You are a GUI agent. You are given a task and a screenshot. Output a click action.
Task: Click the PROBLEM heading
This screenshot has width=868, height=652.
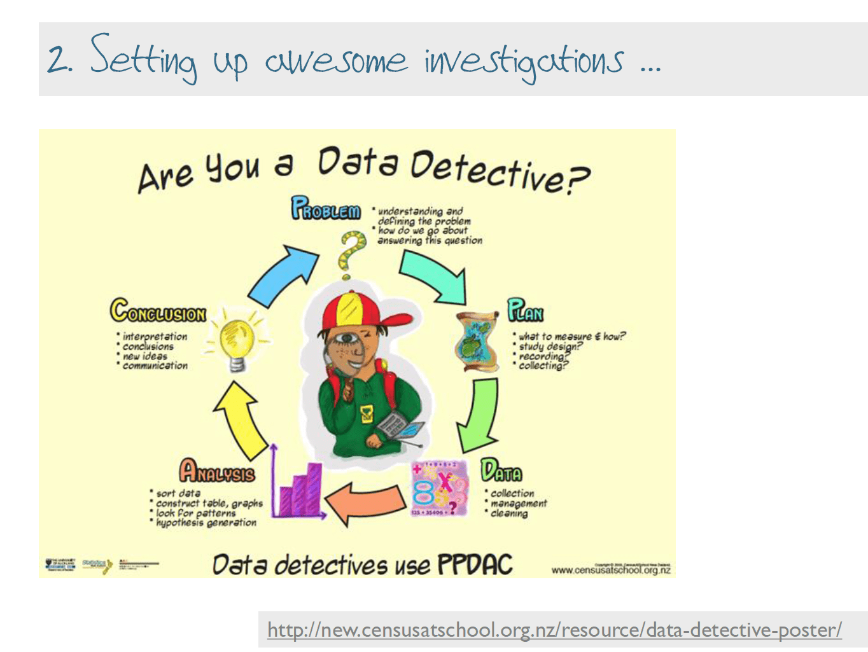[326, 209]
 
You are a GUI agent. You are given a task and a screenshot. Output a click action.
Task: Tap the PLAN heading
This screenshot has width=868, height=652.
[525, 310]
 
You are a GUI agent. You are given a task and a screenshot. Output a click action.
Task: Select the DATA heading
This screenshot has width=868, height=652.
[501, 471]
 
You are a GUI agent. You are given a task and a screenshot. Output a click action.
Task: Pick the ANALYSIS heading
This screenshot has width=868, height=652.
[216, 472]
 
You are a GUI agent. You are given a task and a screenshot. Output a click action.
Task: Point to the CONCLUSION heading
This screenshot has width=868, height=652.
[158, 312]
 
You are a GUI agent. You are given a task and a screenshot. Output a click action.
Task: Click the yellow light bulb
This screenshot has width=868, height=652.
[237, 343]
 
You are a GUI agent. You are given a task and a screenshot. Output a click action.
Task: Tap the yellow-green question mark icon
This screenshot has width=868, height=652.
[351, 254]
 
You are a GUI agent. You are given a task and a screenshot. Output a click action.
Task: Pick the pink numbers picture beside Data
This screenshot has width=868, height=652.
[439, 489]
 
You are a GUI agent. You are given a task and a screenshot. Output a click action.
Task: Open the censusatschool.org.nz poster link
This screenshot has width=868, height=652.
[554, 630]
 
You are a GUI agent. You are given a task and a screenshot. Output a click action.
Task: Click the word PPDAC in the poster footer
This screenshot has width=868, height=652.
[475, 564]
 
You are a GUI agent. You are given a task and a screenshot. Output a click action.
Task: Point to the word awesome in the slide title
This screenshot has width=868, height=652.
[335, 61]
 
